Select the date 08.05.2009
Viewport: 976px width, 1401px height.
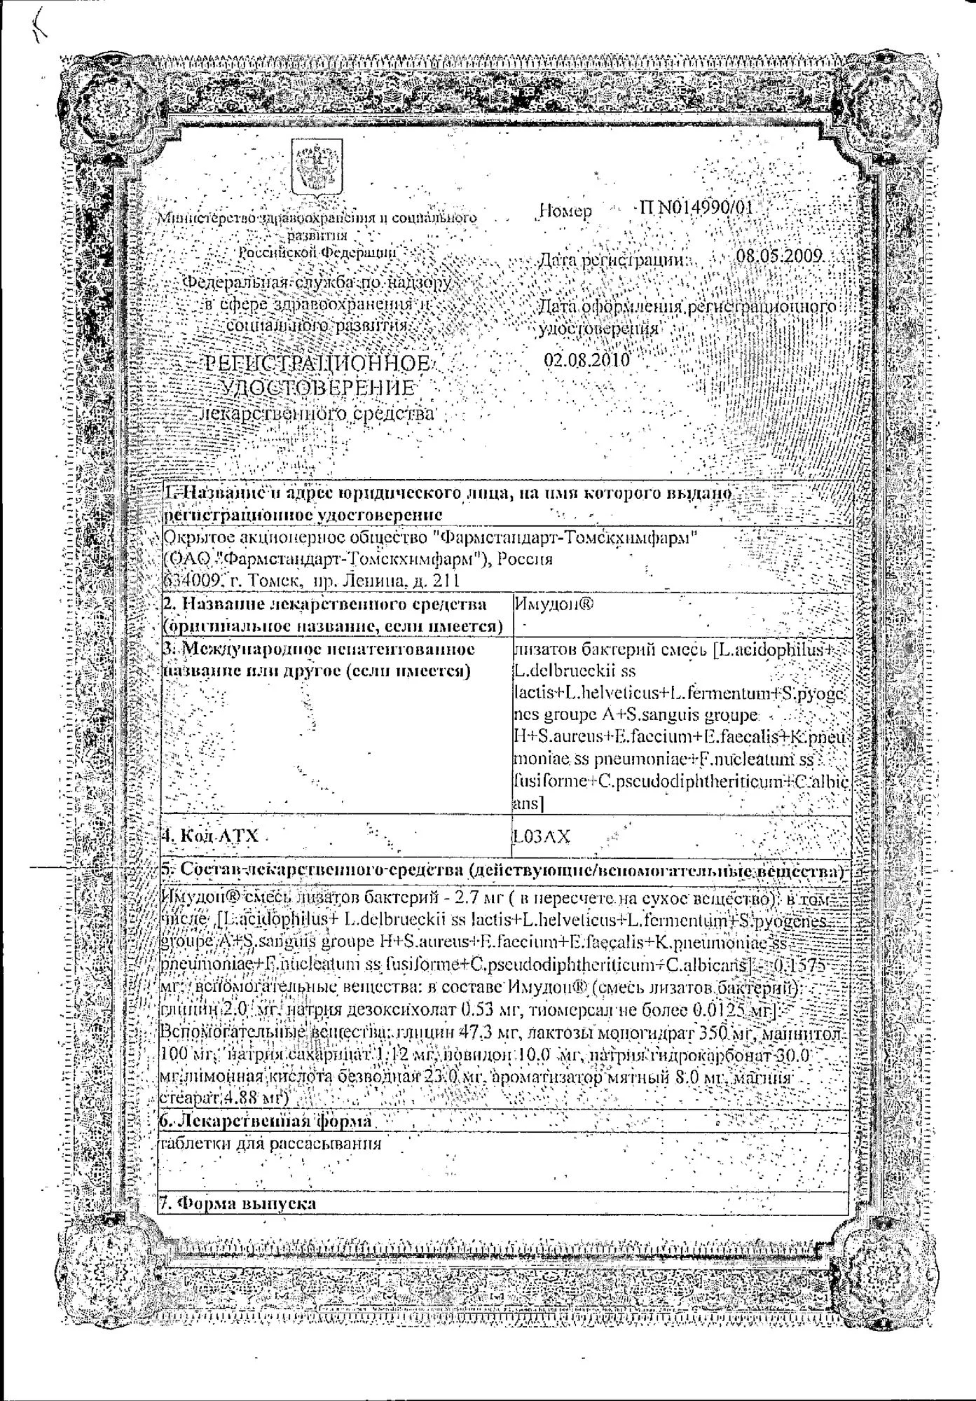pos(778,256)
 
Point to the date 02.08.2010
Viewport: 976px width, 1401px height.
pos(586,360)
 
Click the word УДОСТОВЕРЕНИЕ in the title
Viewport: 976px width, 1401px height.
pos(317,388)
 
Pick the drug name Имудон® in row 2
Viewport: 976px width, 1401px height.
pos(554,604)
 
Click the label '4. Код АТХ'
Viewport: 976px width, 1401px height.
pos(211,836)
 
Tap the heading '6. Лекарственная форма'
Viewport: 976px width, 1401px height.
pos(266,1122)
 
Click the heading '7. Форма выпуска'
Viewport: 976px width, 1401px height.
pos(238,1203)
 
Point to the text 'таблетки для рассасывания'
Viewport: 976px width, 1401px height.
pos(271,1144)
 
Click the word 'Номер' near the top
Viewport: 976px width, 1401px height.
pos(565,211)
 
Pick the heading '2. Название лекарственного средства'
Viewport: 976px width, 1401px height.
pos(324,604)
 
